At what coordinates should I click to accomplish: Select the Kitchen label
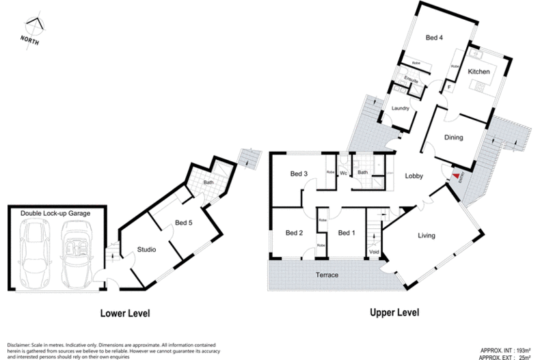[x=478, y=72]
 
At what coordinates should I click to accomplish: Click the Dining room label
[x=453, y=137]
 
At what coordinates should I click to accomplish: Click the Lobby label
[x=414, y=176]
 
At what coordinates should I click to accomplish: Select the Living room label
[x=427, y=236]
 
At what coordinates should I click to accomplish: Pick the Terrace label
[x=327, y=275]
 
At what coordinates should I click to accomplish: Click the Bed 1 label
[x=347, y=232]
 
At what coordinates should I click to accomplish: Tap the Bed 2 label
[x=295, y=232]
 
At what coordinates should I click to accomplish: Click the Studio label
[x=146, y=250]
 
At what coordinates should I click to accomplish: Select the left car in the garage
[x=33, y=247]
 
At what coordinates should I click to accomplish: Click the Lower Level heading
[x=124, y=314]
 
